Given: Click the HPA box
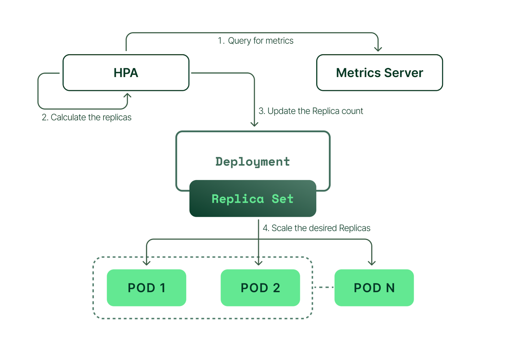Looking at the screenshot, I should coord(126,73).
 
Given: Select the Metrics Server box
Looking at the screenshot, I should coord(379,73).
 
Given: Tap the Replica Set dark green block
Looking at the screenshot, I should coord(253,199).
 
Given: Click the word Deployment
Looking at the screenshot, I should coord(252,162).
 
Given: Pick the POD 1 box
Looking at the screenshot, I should coord(146,288).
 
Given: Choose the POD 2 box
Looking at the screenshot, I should coord(260,288).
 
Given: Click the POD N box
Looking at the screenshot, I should coord(374,288).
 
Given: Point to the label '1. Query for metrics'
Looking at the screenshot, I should coord(256,41).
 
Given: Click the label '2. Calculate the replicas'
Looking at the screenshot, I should coord(87,117).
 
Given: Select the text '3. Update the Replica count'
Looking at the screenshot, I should coord(311,111).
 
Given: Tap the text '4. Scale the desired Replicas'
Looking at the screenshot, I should coord(316,228).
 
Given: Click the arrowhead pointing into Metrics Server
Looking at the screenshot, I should coord(378,49).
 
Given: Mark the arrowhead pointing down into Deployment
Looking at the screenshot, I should coord(254,124).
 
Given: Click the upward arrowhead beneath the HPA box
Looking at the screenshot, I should coord(127,95).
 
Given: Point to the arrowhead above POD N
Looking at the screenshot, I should coord(372,263).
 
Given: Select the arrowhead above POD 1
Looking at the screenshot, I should coord(146,263).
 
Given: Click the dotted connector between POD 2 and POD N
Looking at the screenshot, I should coord(323,287).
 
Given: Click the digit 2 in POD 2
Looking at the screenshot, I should coord(276,288).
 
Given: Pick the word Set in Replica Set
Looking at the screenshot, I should coord(282,199).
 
